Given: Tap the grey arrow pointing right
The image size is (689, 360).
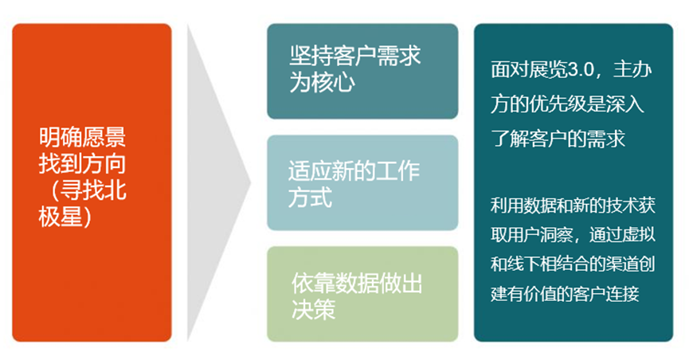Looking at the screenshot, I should pyautogui.click(x=211, y=182).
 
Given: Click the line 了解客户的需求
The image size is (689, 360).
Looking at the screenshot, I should pyautogui.click(x=558, y=137).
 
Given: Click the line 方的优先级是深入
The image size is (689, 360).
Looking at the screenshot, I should pyautogui.click(x=568, y=104).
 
